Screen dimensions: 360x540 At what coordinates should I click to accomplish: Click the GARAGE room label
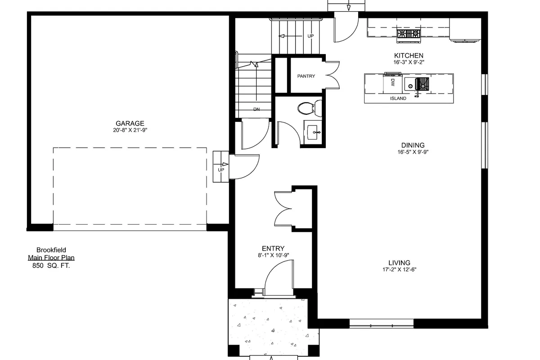[130, 123]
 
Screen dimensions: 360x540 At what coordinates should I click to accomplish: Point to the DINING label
[413, 145]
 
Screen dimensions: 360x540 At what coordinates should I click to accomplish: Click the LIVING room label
[399, 263]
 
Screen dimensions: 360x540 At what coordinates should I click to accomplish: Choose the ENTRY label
[273, 248]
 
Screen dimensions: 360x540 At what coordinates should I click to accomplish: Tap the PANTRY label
[306, 76]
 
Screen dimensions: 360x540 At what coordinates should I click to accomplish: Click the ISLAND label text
[398, 98]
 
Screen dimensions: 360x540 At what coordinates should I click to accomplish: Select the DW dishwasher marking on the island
[393, 83]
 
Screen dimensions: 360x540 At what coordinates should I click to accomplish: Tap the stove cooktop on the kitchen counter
[409, 33]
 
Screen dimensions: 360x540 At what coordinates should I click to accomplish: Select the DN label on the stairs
[256, 109]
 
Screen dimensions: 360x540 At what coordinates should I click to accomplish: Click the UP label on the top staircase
[310, 36]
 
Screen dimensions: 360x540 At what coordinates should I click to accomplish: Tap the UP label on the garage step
[221, 170]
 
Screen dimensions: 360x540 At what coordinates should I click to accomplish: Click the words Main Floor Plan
[51, 258]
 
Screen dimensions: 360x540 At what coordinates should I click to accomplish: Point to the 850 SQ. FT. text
[51, 265]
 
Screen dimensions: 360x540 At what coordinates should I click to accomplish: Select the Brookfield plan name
[51, 250]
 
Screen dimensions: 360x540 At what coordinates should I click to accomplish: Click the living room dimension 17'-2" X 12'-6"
[399, 270]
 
